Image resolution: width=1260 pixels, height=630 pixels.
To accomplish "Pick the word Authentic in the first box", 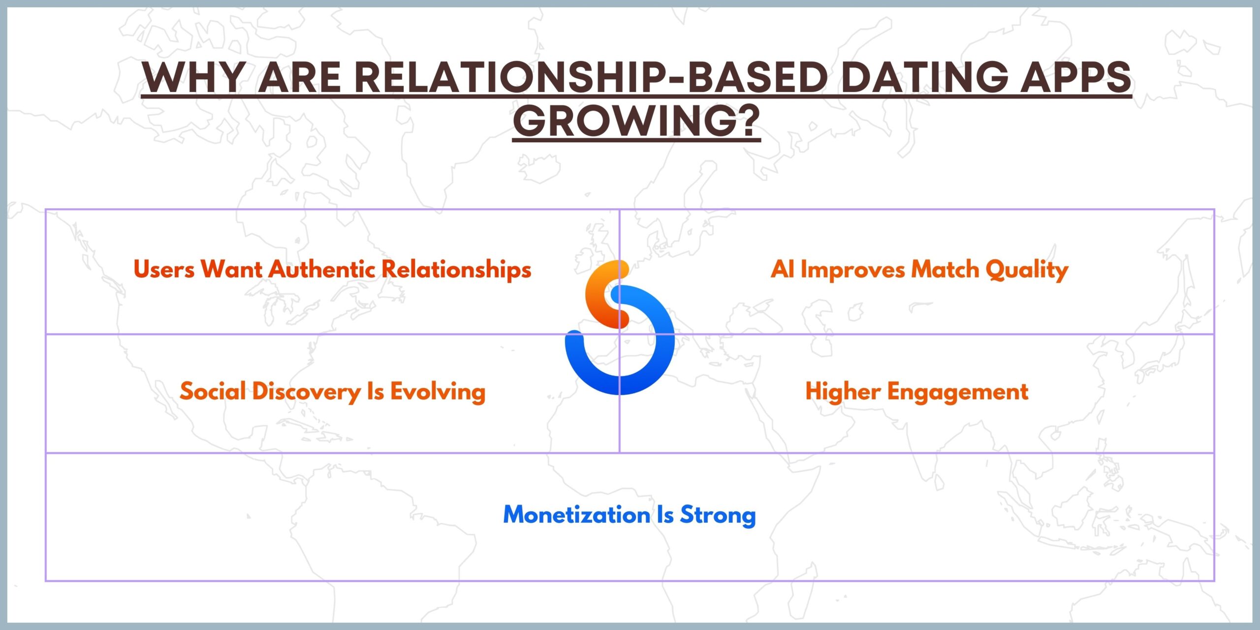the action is (x=322, y=269).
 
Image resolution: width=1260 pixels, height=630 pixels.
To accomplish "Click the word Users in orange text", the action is (x=164, y=269).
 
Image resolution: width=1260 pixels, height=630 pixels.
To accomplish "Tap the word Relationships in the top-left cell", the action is (x=457, y=270).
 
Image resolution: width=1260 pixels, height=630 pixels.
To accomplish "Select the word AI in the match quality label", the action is (x=783, y=269).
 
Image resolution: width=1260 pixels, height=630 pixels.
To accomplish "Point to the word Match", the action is (x=945, y=269).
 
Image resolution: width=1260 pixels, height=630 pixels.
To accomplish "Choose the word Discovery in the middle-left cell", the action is (x=307, y=392).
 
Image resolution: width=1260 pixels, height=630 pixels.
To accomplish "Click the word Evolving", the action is (x=438, y=392).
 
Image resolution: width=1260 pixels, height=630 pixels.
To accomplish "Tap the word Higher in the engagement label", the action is (x=843, y=392).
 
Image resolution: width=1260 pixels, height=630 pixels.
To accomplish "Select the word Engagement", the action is (x=958, y=392).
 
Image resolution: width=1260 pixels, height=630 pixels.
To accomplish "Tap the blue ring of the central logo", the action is (x=660, y=340).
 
